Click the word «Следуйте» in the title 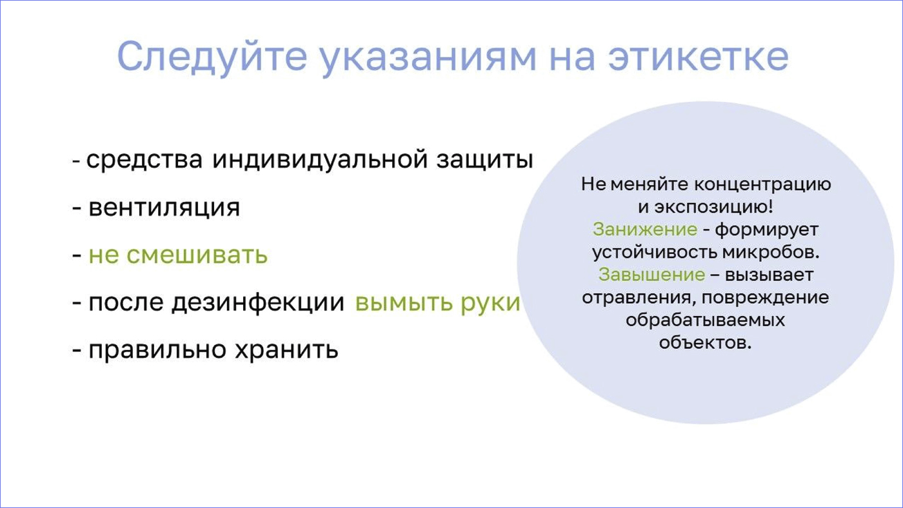212,57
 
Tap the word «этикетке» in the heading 698,57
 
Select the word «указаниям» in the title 429,59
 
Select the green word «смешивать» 197,255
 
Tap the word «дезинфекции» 258,303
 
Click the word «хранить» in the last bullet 286,349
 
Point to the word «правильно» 157,349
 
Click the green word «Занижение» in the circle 645,230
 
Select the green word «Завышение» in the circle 652,275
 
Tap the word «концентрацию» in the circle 762,184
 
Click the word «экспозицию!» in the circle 713,207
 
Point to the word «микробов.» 771,253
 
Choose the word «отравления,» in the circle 639,298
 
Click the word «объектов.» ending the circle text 706,343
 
